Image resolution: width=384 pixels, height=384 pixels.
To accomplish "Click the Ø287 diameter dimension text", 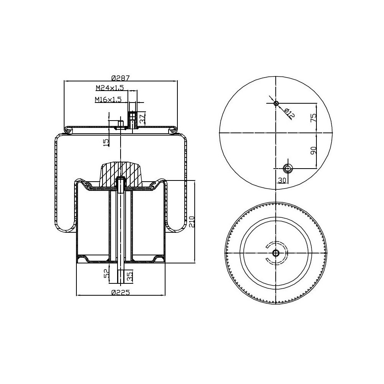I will (x=121, y=78).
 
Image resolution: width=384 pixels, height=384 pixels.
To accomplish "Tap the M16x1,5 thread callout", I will (x=108, y=99).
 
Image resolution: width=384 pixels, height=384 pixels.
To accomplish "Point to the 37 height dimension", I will (x=142, y=118).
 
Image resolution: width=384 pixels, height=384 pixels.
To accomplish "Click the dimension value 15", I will (x=106, y=142).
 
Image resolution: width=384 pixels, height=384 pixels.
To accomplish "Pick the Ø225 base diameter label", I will (x=121, y=292).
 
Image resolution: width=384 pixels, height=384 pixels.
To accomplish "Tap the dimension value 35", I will (x=130, y=275).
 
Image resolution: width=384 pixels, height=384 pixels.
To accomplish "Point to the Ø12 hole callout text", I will (x=290, y=113).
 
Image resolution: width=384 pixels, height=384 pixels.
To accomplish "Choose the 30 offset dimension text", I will (x=282, y=180).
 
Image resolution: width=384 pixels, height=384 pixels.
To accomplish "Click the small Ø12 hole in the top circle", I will (x=276, y=103).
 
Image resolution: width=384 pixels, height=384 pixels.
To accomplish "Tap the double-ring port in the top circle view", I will (x=288, y=168).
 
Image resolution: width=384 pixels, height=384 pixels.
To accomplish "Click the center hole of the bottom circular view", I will (x=276, y=253).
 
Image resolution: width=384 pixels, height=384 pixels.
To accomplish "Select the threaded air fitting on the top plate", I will (x=132, y=119).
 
